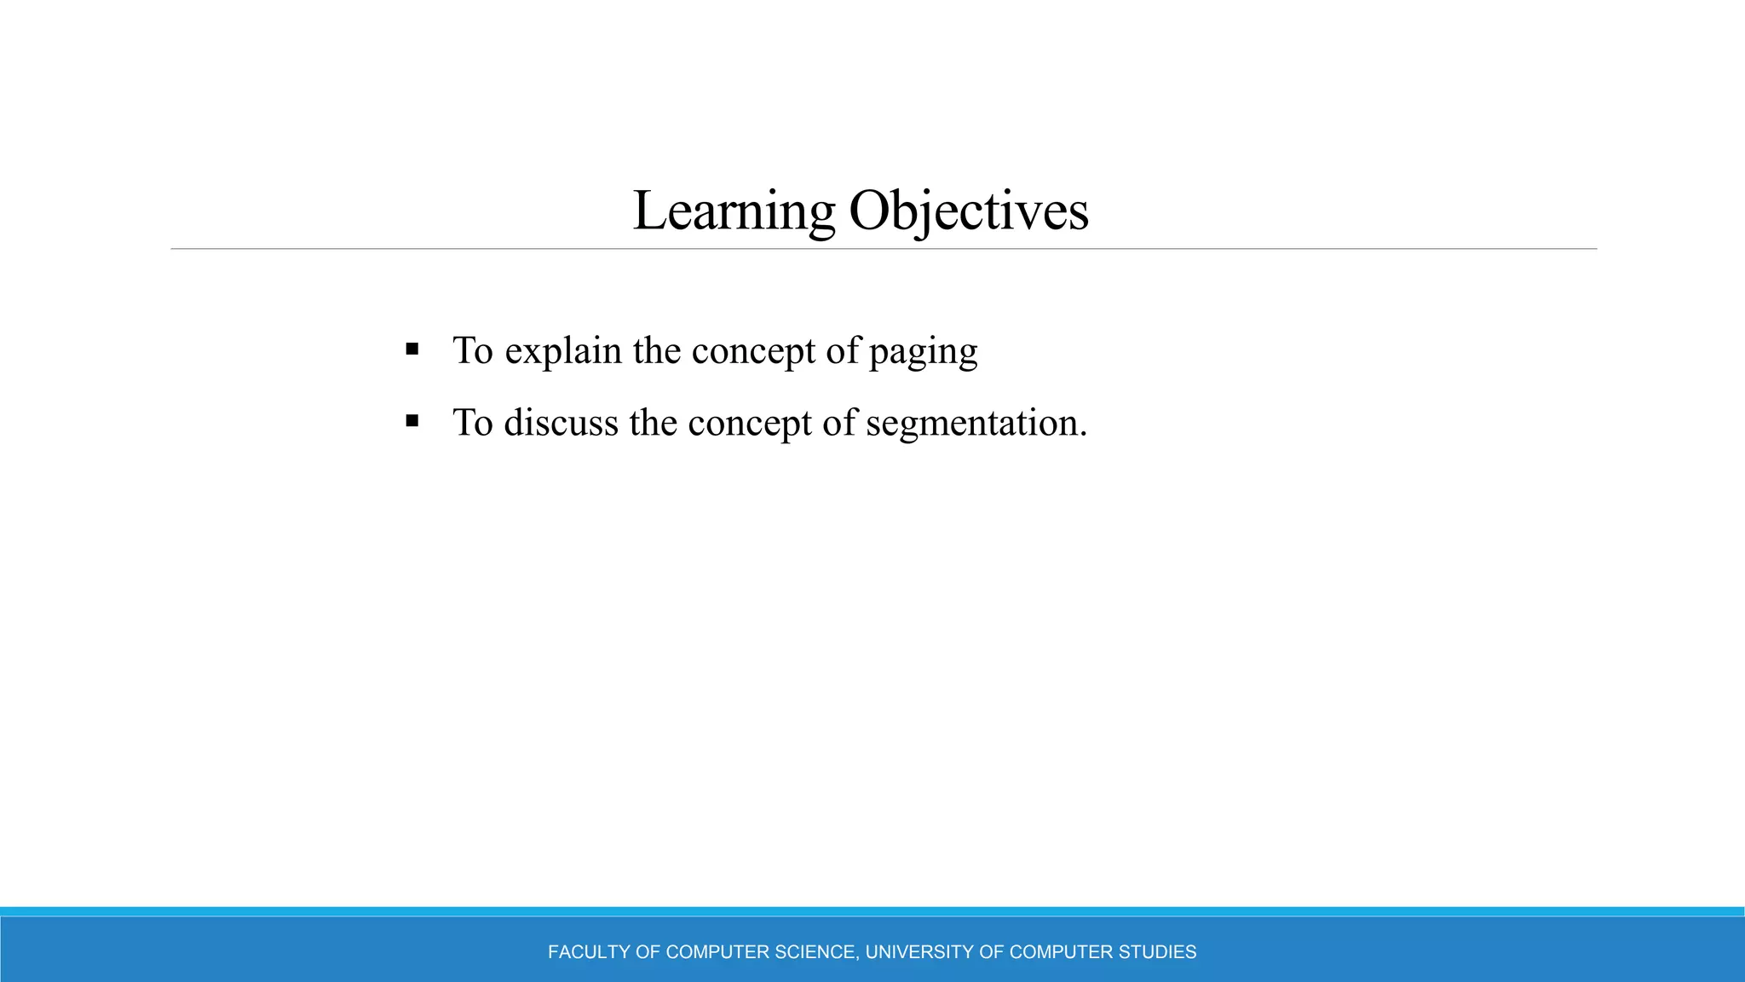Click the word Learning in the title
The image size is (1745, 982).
click(734, 211)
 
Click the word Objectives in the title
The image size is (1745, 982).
click(969, 211)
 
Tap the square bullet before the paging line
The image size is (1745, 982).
click(412, 349)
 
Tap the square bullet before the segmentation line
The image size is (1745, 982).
click(412, 420)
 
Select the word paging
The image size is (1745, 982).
click(923, 351)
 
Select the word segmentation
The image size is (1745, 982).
click(971, 423)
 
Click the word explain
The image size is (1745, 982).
click(562, 351)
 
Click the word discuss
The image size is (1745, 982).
click(561, 423)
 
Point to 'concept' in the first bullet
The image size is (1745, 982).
click(752, 351)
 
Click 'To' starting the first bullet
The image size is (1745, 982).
click(473, 351)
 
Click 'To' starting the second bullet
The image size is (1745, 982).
click(473, 423)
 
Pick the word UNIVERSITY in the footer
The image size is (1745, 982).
click(919, 952)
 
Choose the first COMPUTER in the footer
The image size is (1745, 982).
click(717, 952)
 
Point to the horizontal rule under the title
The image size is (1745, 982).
click(884, 249)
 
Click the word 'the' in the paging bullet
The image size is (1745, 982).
click(656, 351)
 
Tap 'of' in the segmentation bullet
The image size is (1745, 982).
click(839, 423)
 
